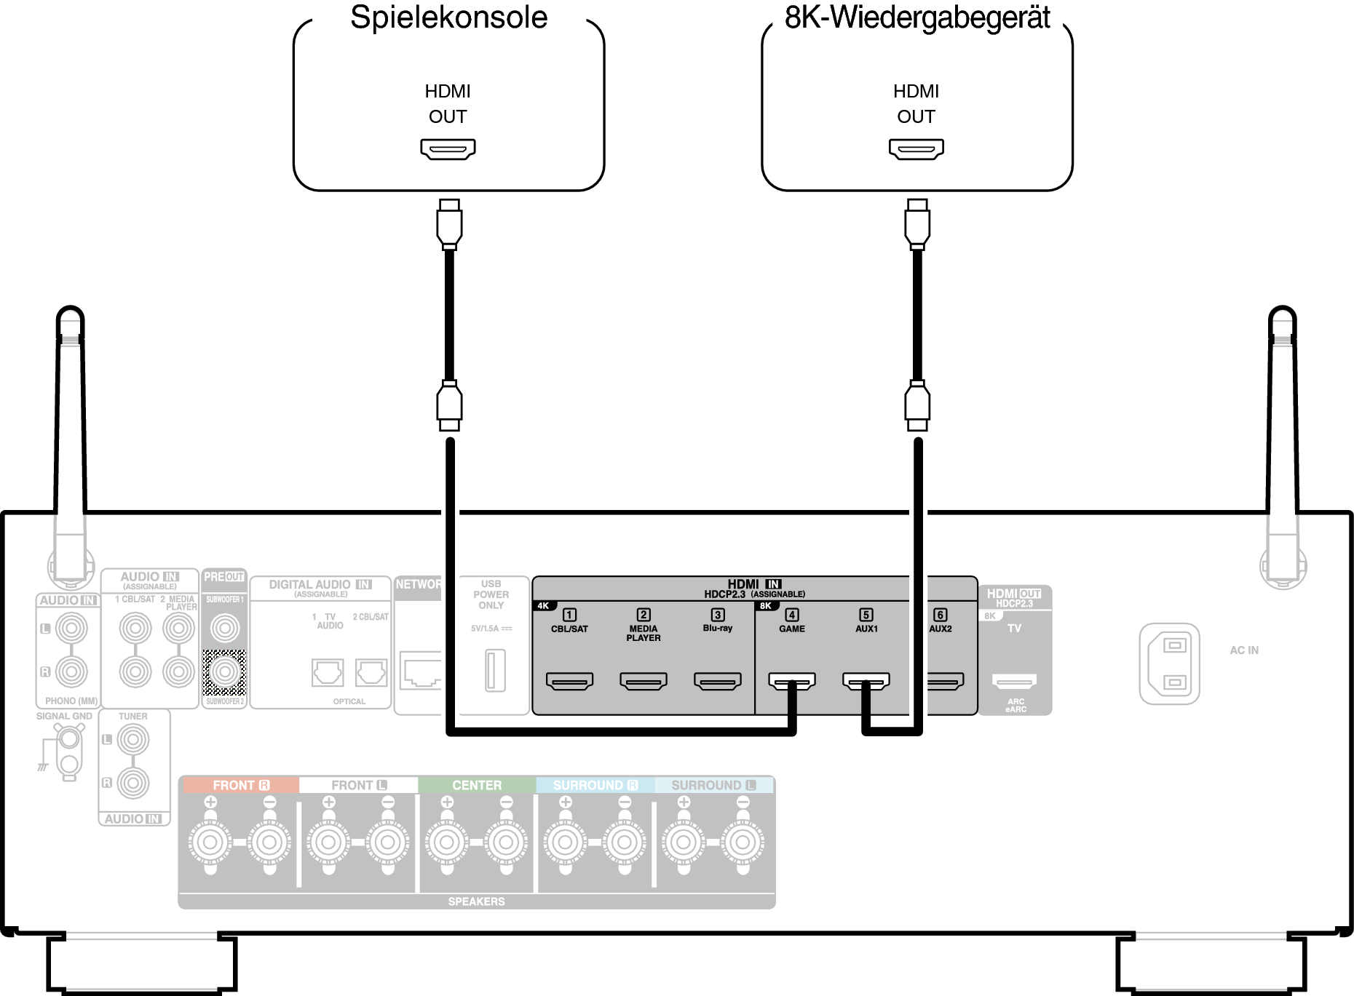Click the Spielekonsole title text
pos(448,17)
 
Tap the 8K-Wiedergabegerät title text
pos(917,17)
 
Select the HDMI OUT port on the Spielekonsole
pos(448,149)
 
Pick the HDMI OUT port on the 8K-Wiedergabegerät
pos(916,149)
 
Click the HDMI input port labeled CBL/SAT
pos(569,681)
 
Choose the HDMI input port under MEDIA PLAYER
pos(644,681)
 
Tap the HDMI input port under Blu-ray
pos(718,681)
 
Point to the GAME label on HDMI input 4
pos(792,629)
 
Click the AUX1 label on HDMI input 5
pos(866,629)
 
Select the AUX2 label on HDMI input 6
pos(941,629)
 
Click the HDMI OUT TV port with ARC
pos(1014,682)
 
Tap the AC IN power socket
pos(1169,664)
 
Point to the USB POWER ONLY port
pos(495,670)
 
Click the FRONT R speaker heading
pos(240,786)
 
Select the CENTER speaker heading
pos(477,786)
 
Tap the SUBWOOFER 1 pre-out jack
pos(225,627)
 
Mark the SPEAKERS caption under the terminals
pos(476,901)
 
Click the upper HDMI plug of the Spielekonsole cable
pos(449,223)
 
